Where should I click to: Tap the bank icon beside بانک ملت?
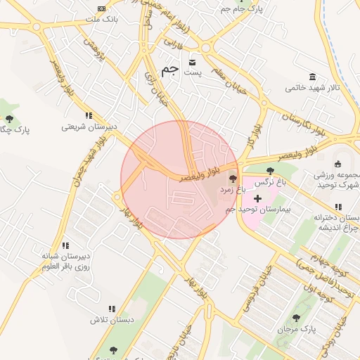click(101, 8)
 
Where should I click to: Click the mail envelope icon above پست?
click(192, 62)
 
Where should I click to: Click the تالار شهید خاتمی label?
click(312, 88)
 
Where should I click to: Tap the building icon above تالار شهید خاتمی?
click(312, 77)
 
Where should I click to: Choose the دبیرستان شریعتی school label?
click(88, 127)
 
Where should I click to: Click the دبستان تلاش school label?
click(111, 319)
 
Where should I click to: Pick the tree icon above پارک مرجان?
click(296, 318)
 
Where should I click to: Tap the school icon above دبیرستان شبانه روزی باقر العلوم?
click(65, 245)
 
